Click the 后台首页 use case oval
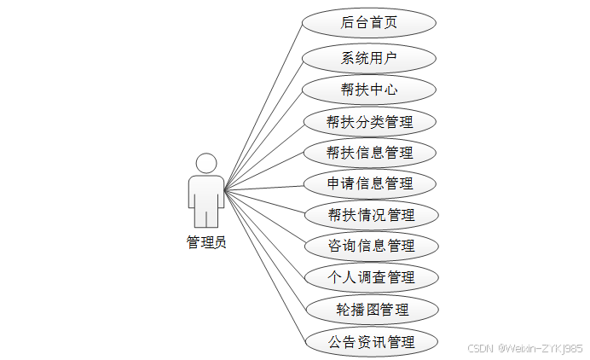(369, 22)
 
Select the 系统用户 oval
(369, 59)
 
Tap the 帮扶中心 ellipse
(369, 90)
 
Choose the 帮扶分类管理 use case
(369, 121)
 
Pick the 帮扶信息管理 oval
(369, 153)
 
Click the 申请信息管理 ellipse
(369, 183)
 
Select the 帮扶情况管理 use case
(369, 214)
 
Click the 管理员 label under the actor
(206, 242)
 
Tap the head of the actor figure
(206, 163)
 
